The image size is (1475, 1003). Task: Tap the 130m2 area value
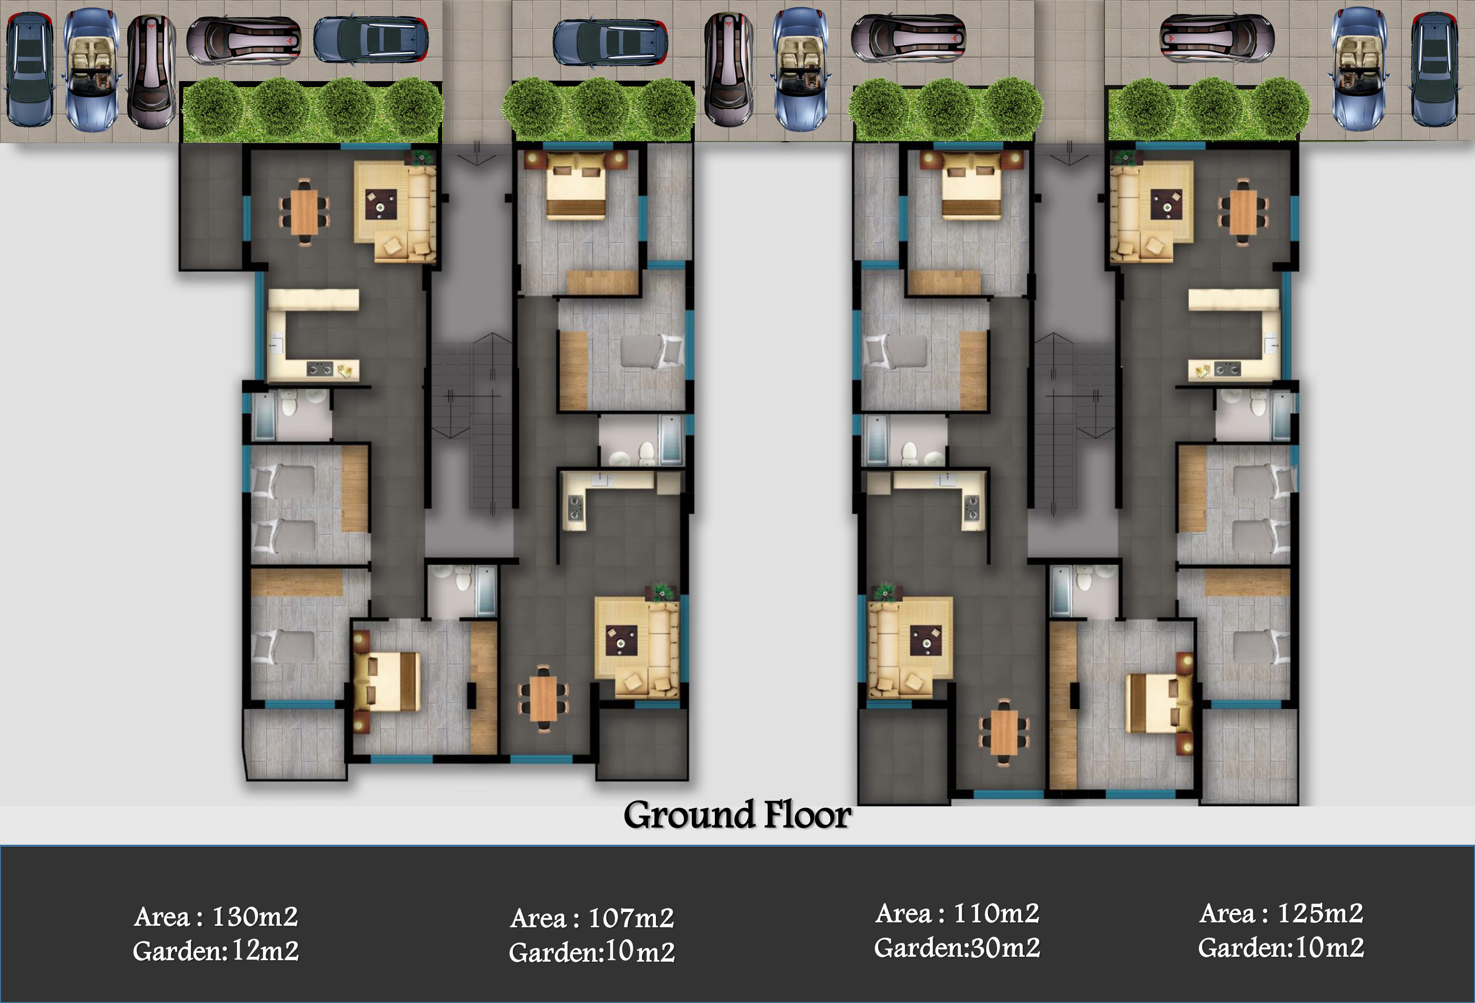click(x=255, y=916)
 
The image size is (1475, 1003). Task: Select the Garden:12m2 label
click(x=216, y=951)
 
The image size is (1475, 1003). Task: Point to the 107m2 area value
click(x=631, y=918)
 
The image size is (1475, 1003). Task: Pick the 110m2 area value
click(x=997, y=914)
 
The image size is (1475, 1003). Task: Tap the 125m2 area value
click(x=1320, y=914)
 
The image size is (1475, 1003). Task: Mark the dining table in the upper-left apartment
click(x=305, y=212)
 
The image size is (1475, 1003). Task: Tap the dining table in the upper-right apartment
click(x=1243, y=212)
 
